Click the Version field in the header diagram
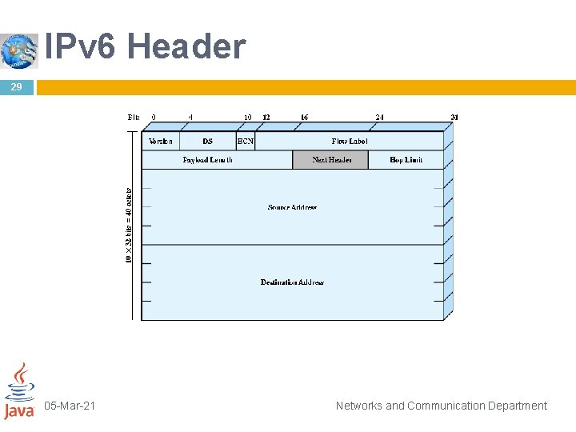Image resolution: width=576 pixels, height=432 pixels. (161, 141)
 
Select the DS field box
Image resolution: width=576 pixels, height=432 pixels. (208, 141)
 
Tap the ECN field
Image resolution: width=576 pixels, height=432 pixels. (246, 141)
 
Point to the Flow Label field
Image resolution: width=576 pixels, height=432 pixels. (350, 141)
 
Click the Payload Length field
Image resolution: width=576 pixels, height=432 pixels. (208, 160)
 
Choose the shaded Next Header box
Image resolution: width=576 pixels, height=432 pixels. (331, 160)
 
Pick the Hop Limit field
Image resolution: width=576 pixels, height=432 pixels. (406, 160)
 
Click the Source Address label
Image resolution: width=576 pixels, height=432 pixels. (292, 207)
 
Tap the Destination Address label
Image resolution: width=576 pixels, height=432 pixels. (292, 282)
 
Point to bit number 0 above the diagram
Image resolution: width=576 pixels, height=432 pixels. (154, 117)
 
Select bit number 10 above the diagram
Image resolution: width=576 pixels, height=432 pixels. (248, 117)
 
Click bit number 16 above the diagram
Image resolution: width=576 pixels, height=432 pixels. (304, 117)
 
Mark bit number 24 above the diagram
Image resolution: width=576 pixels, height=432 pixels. (379, 117)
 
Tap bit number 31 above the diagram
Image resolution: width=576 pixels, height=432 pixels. (454, 117)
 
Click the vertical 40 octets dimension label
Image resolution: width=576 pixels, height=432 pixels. (130, 225)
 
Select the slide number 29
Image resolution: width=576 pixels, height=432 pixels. (17, 86)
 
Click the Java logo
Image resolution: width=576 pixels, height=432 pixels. (19, 391)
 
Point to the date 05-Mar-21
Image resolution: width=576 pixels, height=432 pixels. (70, 406)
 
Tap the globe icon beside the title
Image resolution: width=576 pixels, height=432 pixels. (19, 50)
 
